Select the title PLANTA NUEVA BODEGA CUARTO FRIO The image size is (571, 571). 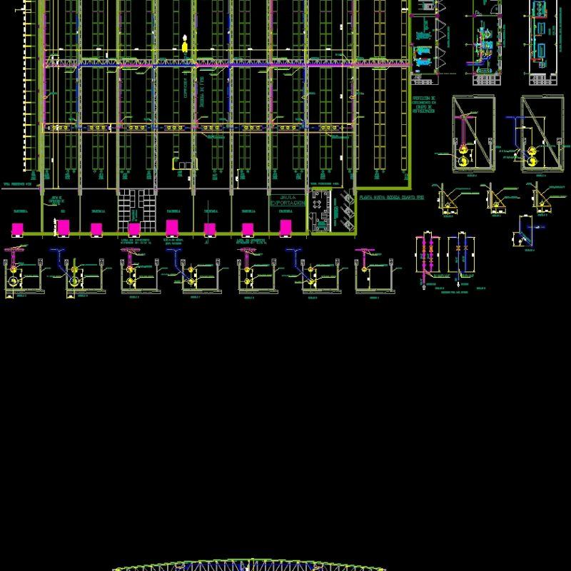(x=390, y=196)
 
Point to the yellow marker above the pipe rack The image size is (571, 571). (x=186, y=46)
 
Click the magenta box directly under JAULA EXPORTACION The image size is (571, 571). (x=285, y=228)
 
